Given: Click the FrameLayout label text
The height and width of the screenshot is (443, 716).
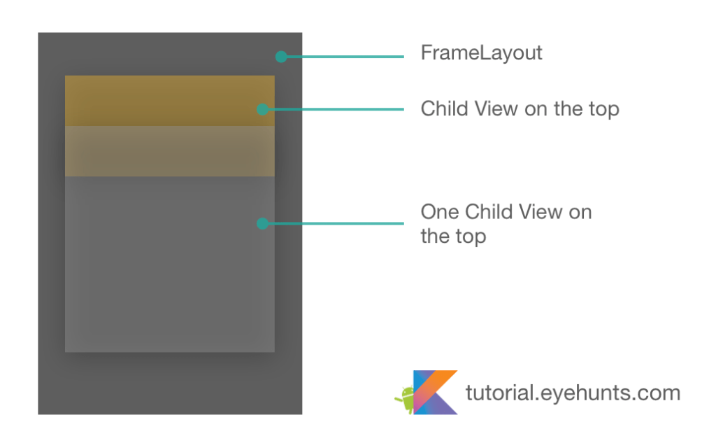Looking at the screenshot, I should click(481, 53).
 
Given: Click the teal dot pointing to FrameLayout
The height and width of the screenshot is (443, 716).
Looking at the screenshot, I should click(280, 57).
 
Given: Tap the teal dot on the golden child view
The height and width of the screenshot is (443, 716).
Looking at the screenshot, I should click(262, 109).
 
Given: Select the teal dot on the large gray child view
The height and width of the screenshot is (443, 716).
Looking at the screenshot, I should click(262, 224).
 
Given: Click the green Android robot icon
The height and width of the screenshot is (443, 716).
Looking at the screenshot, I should click(404, 400).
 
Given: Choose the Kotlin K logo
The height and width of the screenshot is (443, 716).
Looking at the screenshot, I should click(435, 392).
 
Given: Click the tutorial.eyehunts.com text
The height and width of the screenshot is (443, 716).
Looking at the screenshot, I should click(573, 393).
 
